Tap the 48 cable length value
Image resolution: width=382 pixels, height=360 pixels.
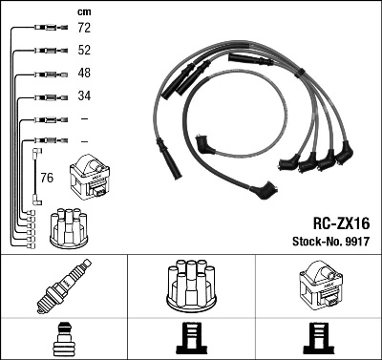pyautogui.click(x=84, y=74)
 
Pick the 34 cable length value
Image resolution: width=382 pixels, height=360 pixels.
pyautogui.click(x=84, y=95)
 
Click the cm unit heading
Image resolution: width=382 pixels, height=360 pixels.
pyautogui.click(x=83, y=11)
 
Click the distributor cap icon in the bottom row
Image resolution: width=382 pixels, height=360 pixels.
pyautogui.click(x=190, y=285)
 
